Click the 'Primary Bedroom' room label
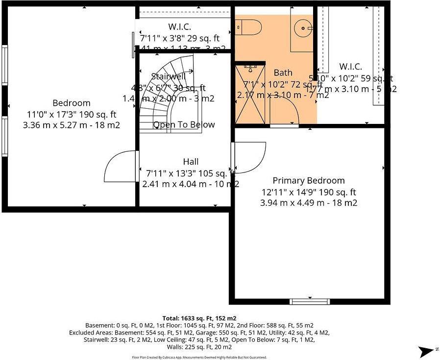point(309,180)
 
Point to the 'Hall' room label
point(191,162)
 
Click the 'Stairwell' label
point(167,76)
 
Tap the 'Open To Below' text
point(184,125)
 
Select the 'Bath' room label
point(283,73)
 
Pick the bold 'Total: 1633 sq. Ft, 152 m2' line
point(199,318)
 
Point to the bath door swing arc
point(289,110)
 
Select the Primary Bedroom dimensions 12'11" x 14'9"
point(308,192)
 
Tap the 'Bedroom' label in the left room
point(72,103)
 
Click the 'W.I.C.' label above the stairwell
point(179,27)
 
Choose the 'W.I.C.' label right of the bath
point(350,67)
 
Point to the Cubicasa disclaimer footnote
point(199,357)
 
